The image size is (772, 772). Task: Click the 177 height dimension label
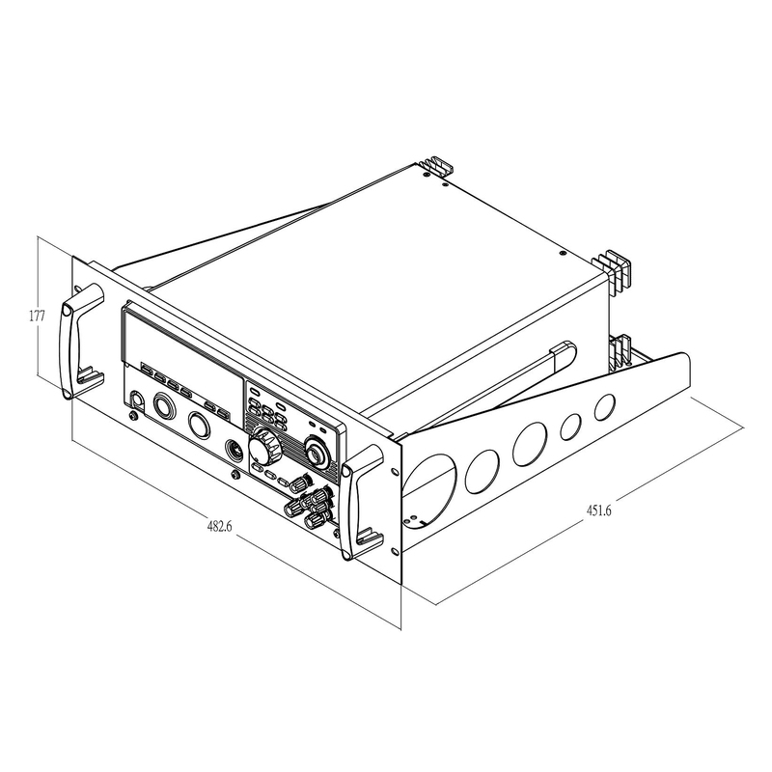[37, 316]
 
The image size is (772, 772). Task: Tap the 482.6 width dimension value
[220, 526]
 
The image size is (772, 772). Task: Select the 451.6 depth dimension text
[598, 510]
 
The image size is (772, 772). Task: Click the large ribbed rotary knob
[264, 447]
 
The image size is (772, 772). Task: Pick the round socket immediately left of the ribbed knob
[234, 450]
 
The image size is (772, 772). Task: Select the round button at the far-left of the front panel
[136, 400]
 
